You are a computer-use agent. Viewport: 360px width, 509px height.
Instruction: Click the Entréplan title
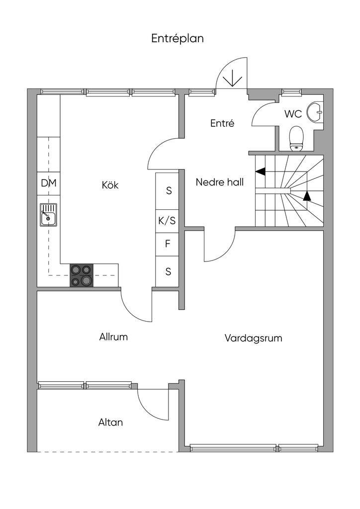177,39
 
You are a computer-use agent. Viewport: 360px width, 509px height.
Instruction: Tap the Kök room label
110,185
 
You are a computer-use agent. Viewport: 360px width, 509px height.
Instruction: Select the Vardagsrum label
253,338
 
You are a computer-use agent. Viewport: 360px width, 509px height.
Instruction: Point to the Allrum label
113,337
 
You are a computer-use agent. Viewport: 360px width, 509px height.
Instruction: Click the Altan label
110,423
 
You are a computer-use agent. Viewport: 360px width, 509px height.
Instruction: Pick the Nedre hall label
219,182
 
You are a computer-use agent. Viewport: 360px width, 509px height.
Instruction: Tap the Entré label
222,123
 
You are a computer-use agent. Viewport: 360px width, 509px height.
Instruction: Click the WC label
293,114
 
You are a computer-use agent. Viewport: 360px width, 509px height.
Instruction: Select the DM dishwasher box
48,183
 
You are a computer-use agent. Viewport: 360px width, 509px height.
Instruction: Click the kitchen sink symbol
48,215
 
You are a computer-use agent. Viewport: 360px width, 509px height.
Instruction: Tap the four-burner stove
82,275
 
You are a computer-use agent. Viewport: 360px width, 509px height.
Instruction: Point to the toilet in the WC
296,139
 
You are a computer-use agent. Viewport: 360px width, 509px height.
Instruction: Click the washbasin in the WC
315,112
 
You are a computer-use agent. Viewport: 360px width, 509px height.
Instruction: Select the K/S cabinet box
167,221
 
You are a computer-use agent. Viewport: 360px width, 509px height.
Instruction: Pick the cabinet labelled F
167,245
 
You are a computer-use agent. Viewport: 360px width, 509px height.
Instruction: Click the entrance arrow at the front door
232,80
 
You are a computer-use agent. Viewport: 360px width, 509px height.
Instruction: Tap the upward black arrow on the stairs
307,196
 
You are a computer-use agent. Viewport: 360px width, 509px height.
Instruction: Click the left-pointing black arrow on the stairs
261,171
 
